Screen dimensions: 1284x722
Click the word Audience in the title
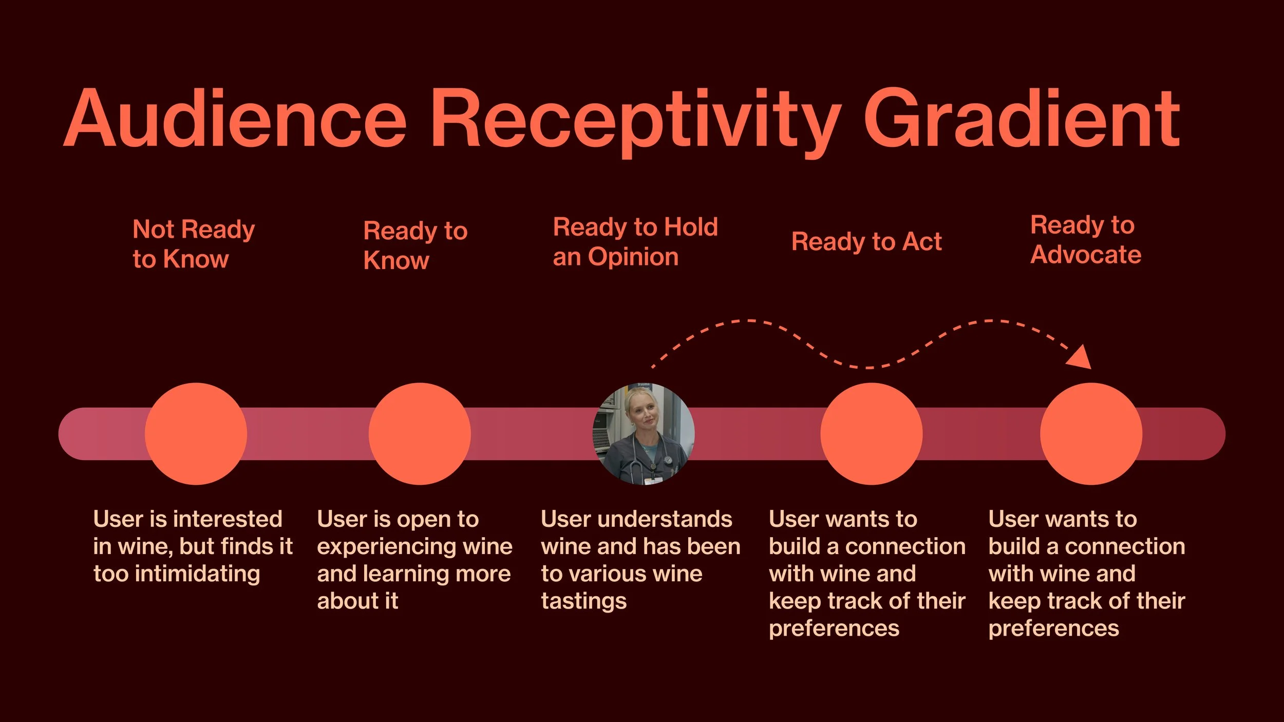tap(235, 119)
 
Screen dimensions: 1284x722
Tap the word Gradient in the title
tap(1022, 119)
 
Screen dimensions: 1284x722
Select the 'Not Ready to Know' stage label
tap(193, 244)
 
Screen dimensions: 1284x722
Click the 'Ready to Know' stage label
tap(415, 245)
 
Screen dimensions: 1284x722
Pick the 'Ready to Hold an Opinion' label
tap(635, 242)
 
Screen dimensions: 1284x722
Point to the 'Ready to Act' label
tap(866, 241)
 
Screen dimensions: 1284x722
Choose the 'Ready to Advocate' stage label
tap(1085, 240)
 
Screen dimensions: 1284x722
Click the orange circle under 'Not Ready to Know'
tap(196, 434)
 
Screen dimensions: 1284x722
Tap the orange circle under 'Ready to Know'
tap(420, 434)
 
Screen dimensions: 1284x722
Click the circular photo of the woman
tap(644, 434)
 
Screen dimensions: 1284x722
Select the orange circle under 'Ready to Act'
tap(871, 434)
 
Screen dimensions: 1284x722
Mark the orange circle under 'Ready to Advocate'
tap(1091, 434)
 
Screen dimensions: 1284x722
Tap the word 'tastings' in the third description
tap(583, 601)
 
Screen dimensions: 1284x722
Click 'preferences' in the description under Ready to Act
tap(834, 628)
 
